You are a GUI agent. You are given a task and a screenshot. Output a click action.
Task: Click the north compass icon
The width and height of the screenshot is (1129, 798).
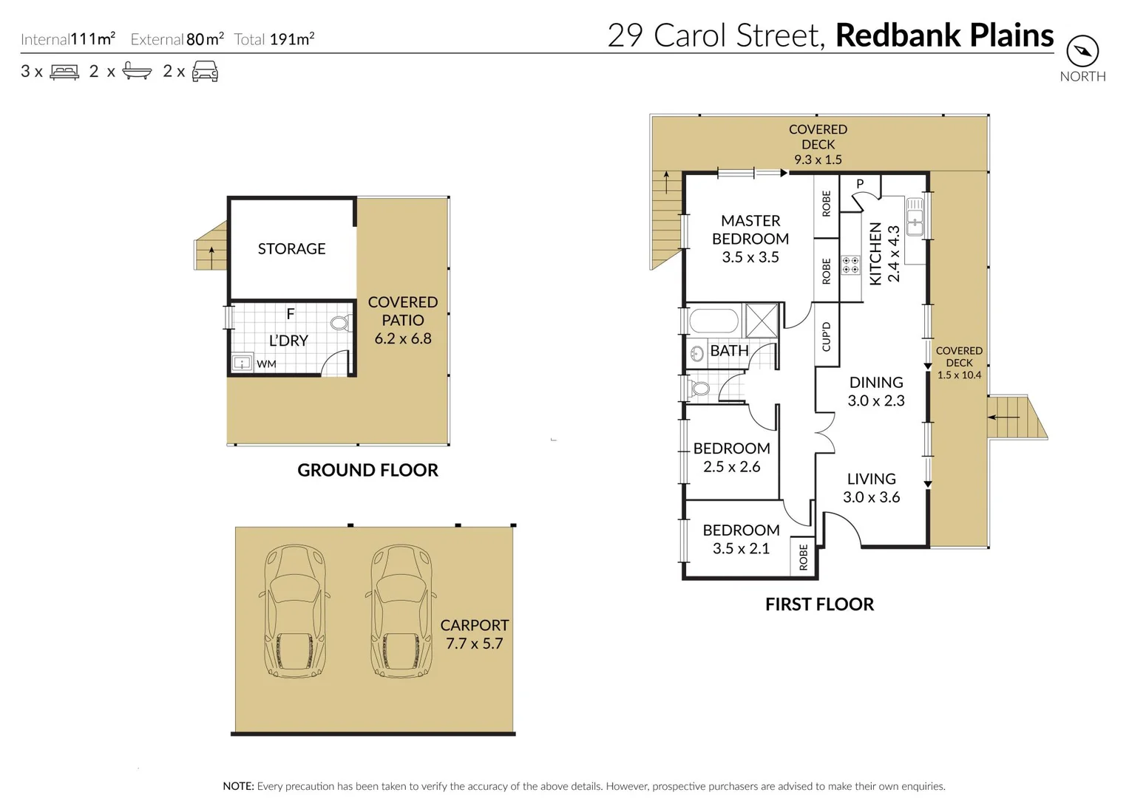coord(1082,51)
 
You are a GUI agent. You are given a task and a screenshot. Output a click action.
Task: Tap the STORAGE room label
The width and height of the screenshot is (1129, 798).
coord(291,249)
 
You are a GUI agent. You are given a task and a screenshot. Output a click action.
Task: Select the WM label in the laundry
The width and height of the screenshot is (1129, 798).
coord(266,364)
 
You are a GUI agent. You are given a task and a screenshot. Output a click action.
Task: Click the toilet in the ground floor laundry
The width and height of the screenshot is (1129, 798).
coord(340,323)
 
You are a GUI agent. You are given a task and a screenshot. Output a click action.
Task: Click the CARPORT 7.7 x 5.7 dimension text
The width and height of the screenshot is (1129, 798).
coord(474,635)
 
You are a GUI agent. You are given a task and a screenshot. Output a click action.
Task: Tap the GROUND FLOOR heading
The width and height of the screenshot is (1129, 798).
coord(367,470)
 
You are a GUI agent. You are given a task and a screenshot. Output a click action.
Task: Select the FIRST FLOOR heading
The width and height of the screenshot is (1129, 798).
coord(819,604)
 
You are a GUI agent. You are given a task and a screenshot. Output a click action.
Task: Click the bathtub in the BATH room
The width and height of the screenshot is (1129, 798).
coord(713,321)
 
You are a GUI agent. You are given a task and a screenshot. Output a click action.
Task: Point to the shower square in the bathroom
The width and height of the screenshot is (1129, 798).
coord(762,320)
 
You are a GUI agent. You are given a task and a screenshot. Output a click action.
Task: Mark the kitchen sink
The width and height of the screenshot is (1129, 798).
coord(915,216)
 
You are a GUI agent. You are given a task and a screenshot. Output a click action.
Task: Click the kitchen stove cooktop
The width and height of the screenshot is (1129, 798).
coord(850,265)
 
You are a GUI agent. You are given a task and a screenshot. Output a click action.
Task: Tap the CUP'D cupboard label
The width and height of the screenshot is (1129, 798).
coord(827,337)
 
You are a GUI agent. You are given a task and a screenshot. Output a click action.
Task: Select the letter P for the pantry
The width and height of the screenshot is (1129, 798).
coord(860,184)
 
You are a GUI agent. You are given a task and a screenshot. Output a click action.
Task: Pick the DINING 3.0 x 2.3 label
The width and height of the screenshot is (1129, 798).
coord(876,392)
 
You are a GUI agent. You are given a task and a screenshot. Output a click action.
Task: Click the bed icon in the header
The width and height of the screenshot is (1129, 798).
coord(64,72)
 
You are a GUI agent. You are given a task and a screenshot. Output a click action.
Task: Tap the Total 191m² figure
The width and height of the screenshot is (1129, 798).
coord(291,39)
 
